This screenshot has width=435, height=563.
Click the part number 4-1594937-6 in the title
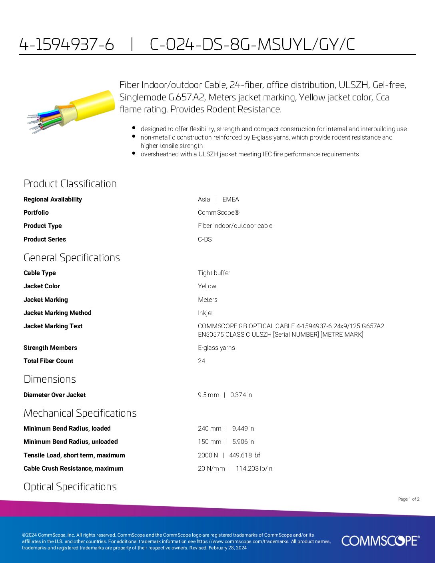67,44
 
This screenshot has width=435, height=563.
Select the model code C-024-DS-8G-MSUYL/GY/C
252,44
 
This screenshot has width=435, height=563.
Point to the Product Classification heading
70,184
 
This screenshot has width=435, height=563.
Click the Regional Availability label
53,199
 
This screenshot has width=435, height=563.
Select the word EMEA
231,199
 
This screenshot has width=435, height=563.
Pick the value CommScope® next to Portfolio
219,212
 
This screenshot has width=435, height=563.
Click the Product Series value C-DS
205,239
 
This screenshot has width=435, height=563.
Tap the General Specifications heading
72,258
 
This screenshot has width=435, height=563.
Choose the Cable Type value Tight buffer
214,273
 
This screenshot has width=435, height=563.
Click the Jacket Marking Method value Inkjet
206,313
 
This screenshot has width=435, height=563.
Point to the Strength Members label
50,347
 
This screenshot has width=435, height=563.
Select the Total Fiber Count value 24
202,361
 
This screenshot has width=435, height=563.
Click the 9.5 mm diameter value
208,395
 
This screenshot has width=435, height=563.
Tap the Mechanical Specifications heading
80,413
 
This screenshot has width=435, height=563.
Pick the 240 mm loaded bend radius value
210,428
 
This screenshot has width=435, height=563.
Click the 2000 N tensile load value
208,455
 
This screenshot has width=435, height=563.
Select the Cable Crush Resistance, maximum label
74,468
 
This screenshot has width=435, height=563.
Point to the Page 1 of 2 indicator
409,499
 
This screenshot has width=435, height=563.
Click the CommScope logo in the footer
380,541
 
